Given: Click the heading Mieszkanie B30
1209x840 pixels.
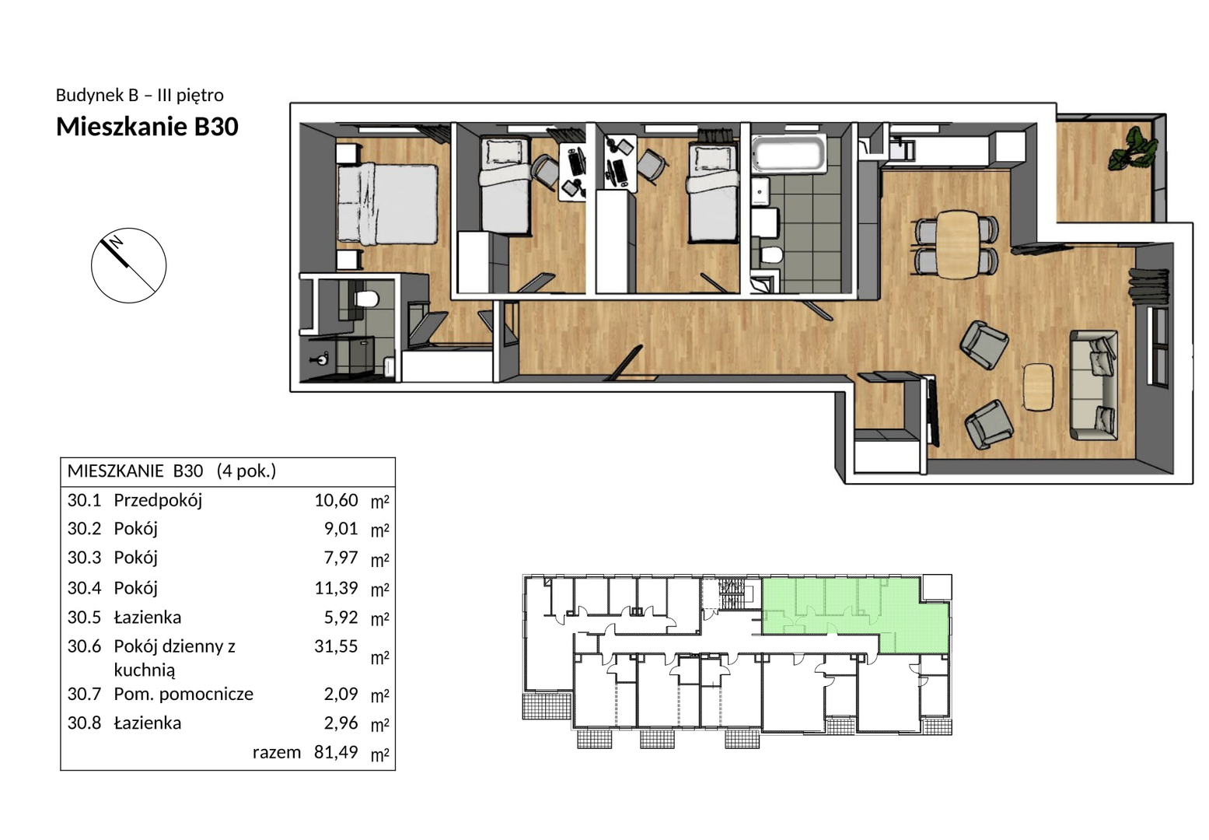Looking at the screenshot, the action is pyautogui.click(x=148, y=126).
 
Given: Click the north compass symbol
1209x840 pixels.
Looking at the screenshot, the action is pyautogui.click(x=128, y=265).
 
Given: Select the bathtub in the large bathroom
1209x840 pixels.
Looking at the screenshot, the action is pyautogui.click(x=789, y=155).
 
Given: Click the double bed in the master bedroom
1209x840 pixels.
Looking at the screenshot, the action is pyautogui.click(x=387, y=204).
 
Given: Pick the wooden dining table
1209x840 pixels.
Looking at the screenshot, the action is pyautogui.click(x=958, y=244).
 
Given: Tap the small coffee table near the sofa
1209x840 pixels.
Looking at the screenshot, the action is pyautogui.click(x=1039, y=387).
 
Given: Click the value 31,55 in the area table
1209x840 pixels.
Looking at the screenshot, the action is pyautogui.click(x=336, y=646).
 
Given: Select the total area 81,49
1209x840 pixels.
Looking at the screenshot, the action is pyautogui.click(x=336, y=752).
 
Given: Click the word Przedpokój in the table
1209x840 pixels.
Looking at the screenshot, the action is pyautogui.click(x=158, y=501).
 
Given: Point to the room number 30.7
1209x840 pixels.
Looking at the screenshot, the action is pyautogui.click(x=84, y=694).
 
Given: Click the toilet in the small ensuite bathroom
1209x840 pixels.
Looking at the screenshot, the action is pyautogui.click(x=367, y=298).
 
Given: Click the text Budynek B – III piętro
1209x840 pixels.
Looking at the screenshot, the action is pyautogui.click(x=139, y=96).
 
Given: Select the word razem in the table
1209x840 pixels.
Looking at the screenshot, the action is pyautogui.click(x=276, y=753).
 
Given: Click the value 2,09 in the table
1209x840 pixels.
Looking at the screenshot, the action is pyautogui.click(x=341, y=694).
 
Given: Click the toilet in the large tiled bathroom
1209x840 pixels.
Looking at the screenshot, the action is pyautogui.click(x=771, y=256).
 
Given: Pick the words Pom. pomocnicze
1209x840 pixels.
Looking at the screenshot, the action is pyautogui.click(x=183, y=695).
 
